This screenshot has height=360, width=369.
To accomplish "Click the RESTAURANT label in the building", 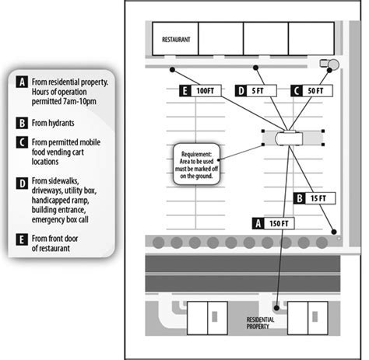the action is pos(176,40).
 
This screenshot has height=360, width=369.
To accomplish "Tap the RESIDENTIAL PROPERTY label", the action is pos(260,323).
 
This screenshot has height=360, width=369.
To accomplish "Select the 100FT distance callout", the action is pos(200,91).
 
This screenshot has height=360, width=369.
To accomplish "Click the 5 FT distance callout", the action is pos(256,91).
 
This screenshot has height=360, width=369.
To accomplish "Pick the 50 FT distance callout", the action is pos(311,91).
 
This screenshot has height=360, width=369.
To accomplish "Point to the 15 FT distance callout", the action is pos(315,198).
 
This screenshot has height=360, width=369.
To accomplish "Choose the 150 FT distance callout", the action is pos(273,223).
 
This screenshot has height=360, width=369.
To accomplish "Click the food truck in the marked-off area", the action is pos(289,138).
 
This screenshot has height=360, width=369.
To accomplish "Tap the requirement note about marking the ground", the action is pos(196,165).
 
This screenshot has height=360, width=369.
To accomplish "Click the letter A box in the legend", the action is pos(22,82).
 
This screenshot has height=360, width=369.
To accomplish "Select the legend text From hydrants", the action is pos(53,123).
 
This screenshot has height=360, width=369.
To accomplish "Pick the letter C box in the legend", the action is pos(22,142).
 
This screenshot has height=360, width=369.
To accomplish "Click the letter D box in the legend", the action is pos(22,183).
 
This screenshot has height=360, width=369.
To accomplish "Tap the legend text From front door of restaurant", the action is pos(54,243).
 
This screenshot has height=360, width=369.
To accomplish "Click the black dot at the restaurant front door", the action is pos(172,69).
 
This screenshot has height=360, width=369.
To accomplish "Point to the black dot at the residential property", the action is pos(276,308).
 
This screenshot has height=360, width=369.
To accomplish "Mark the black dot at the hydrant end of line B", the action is pos(334,232).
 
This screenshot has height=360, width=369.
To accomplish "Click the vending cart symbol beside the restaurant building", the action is pos(329,64).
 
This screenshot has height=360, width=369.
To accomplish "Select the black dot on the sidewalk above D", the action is pos(255,68).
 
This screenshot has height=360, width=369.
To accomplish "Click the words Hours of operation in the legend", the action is pos(59,92).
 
